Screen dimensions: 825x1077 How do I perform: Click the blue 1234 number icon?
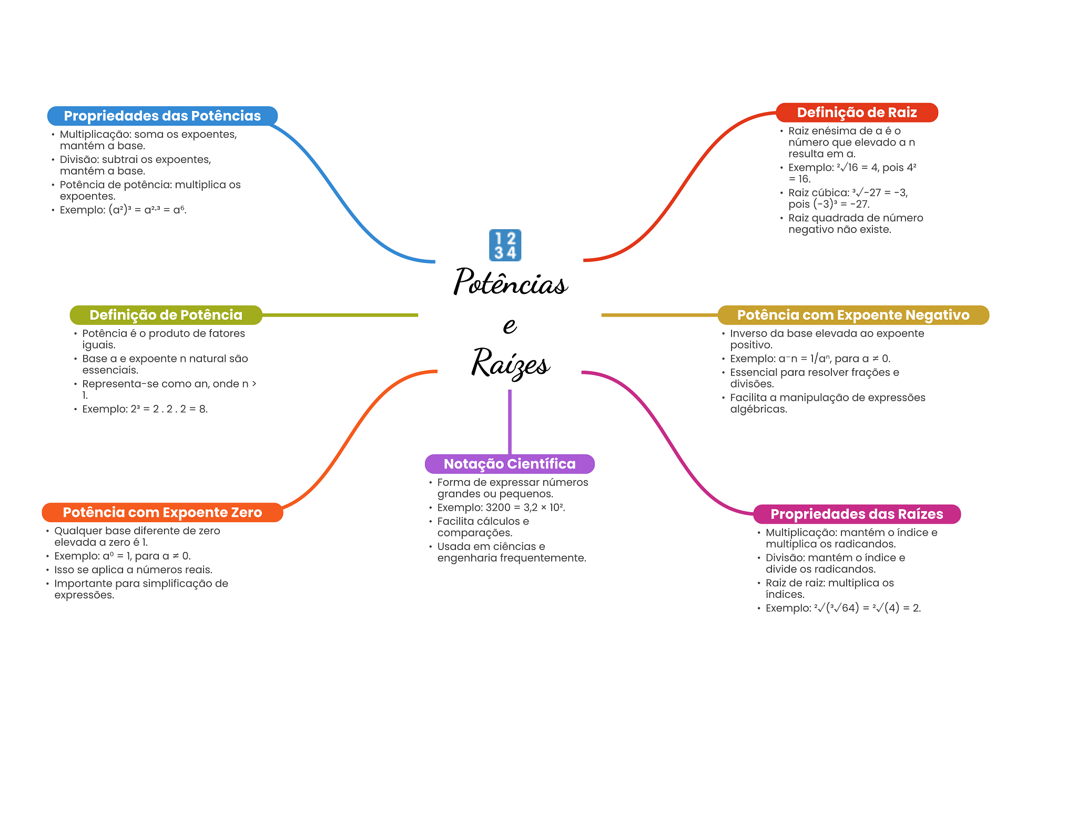point(505,245)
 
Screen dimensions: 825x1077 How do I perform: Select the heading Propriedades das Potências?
point(162,116)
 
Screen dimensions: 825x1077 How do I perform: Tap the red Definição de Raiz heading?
point(857,113)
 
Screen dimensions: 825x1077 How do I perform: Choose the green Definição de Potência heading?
point(166,315)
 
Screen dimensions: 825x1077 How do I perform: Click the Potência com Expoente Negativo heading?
point(853,315)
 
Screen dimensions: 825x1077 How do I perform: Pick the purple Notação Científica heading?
point(510,464)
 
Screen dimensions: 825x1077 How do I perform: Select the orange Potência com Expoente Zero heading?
point(162,513)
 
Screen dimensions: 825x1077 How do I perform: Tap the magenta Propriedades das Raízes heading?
point(857,514)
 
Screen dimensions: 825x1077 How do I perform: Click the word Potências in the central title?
point(510,282)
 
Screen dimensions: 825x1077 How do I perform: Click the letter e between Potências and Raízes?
point(509,325)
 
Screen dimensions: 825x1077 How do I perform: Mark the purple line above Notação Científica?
point(510,421)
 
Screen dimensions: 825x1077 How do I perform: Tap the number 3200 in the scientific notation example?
point(498,507)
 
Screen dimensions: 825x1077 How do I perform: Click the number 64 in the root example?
point(849,608)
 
